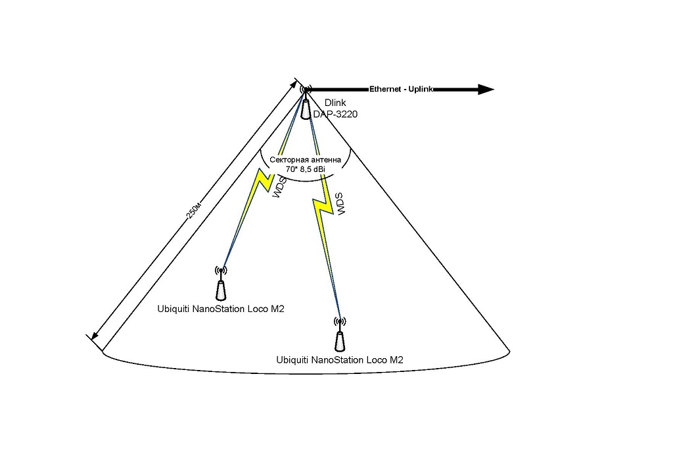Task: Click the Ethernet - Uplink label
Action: click(x=401, y=89)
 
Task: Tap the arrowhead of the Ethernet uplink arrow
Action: click(x=486, y=90)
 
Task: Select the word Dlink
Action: click(x=335, y=103)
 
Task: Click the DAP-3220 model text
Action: click(x=335, y=115)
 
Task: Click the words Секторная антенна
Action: click(x=305, y=160)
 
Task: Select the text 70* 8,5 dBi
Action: click(x=305, y=169)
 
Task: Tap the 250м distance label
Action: click(x=194, y=209)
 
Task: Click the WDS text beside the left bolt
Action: click(x=278, y=188)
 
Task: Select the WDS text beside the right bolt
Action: click(x=340, y=204)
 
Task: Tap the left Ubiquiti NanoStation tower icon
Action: click(x=221, y=290)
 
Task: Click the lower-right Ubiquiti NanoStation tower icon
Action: click(x=340, y=342)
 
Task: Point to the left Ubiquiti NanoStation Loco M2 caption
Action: click(x=221, y=309)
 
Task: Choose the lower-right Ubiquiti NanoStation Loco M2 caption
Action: click(x=340, y=360)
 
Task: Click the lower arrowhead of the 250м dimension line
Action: click(x=95, y=334)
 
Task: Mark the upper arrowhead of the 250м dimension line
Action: click(x=294, y=84)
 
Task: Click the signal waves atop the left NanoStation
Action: click(x=221, y=270)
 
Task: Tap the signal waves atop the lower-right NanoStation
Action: click(x=340, y=321)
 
